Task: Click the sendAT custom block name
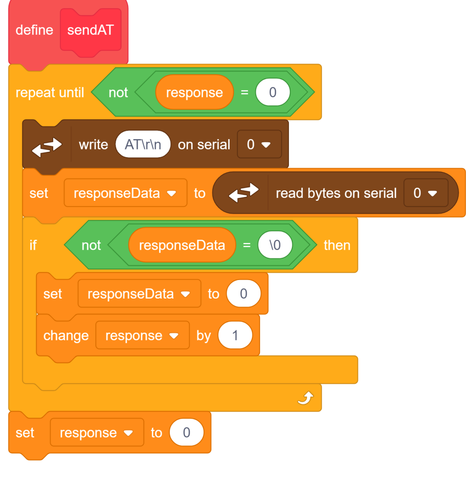(x=91, y=30)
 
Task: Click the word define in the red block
(x=34, y=30)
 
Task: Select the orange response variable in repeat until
(x=194, y=93)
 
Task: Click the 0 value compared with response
(x=273, y=93)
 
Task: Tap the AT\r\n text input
(x=143, y=144)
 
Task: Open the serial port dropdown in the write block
(x=260, y=144)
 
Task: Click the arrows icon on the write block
(x=47, y=147)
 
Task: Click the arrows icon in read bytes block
(x=243, y=193)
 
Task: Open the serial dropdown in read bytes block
(x=426, y=193)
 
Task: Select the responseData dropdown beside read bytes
(x=125, y=193)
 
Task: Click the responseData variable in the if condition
(x=182, y=245)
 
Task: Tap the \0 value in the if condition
(x=275, y=245)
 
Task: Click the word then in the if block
(x=337, y=245)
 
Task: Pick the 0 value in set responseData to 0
(x=243, y=293)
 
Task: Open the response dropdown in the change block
(x=142, y=336)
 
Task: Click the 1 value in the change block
(x=235, y=336)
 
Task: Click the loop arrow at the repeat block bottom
(x=306, y=398)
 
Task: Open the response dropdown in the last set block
(x=97, y=432)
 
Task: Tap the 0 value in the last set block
(x=186, y=432)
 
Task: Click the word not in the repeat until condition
(x=118, y=93)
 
